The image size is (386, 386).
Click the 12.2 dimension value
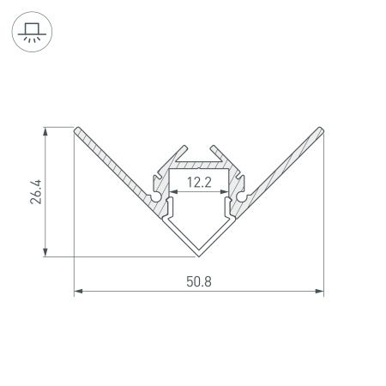199,181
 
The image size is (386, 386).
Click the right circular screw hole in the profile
244,199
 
